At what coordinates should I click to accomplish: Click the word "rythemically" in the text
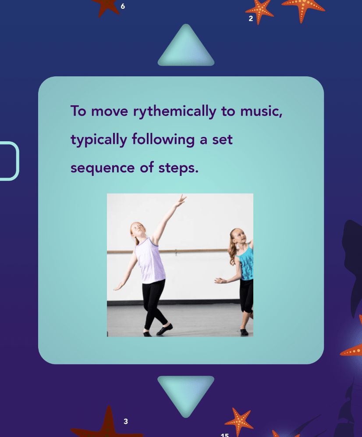point(174,112)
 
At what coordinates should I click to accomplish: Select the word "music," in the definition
point(261,111)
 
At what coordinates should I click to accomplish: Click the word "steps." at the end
point(178,168)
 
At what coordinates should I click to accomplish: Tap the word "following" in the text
point(163,140)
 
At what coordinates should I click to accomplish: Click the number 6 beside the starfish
point(123,6)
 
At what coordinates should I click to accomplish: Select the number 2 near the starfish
point(251,18)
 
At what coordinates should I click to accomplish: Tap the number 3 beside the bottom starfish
point(126,421)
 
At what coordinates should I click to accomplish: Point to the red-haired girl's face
point(138,230)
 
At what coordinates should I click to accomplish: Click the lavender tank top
point(150,260)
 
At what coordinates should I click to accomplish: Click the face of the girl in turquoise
point(239,236)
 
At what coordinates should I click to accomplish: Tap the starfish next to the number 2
point(259,11)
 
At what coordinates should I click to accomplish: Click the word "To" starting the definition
point(78,111)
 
